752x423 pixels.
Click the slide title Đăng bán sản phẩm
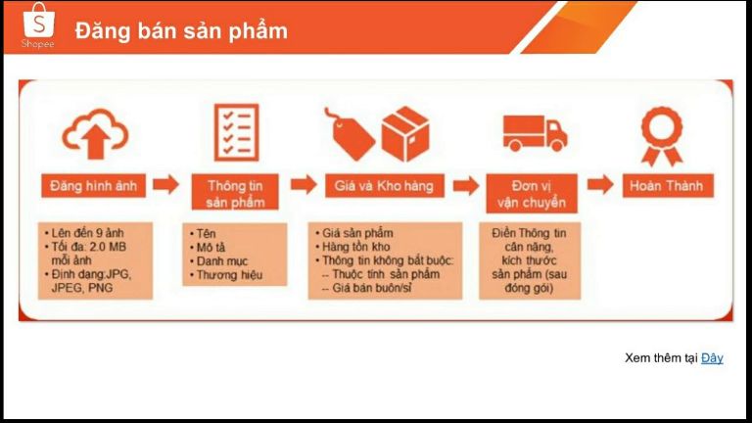[x=181, y=31]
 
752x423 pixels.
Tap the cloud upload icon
[x=95, y=134]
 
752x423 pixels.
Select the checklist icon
[x=236, y=132]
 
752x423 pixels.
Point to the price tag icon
[x=350, y=134]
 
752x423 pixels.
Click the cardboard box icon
[x=405, y=134]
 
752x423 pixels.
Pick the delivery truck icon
[x=535, y=133]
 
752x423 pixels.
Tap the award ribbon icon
[x=662, y=136]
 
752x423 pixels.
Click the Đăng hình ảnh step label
[x=94, y=186]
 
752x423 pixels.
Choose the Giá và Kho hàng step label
[x=384, y=186]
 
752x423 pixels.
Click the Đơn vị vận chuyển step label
[x=532, y=193]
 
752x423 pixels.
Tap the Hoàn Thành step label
[x=668, y=186]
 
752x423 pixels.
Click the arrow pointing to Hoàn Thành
[x=600, y=185]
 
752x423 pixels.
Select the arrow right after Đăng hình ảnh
[x=165, y=185]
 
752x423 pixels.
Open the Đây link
[x=712, y=357]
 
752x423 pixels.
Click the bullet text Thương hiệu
[x=229, y=275]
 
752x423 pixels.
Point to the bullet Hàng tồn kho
[x=355, y=247]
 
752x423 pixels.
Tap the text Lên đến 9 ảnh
[x=87, y=233]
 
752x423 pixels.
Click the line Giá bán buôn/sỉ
[x=372, y=288]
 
